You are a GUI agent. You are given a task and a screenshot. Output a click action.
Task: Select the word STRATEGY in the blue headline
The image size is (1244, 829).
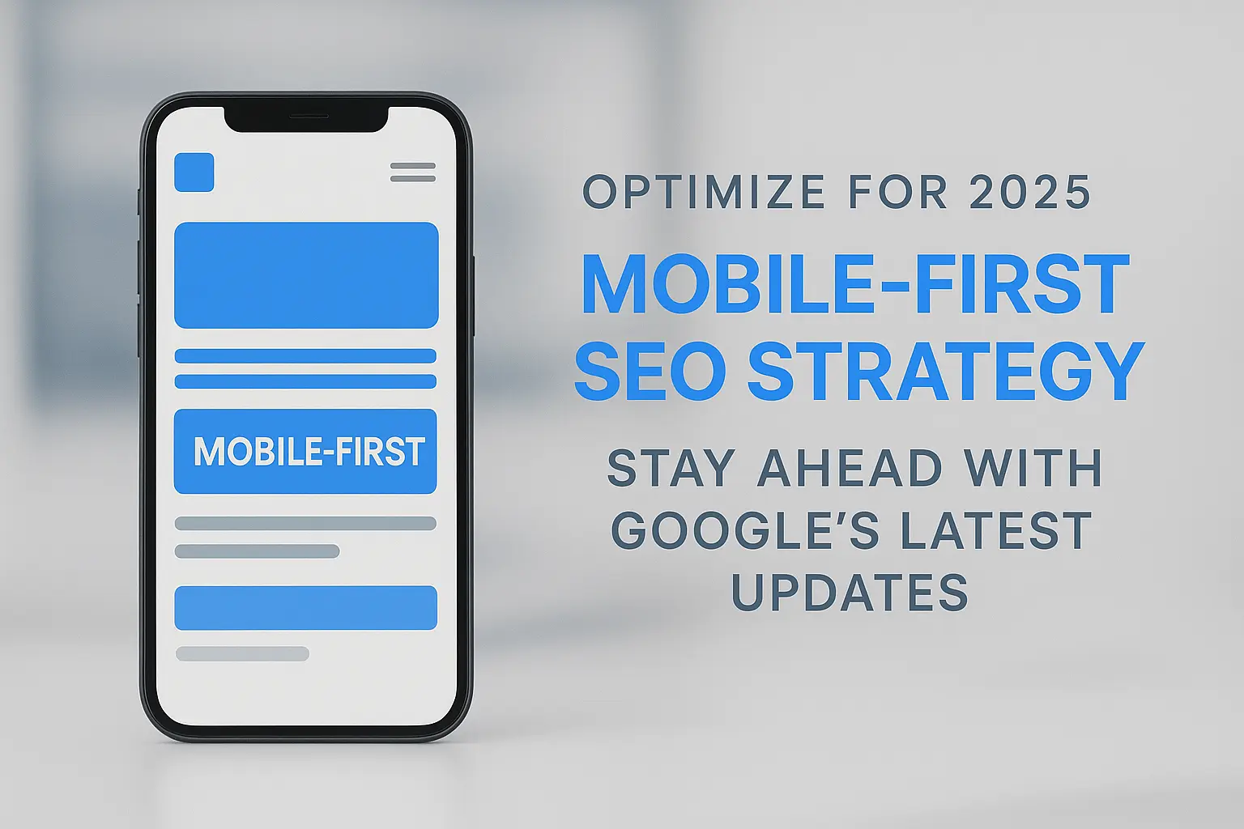944,372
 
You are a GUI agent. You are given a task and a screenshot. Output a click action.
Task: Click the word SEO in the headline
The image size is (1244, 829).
650,372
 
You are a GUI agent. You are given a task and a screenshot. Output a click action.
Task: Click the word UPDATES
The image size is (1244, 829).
850,593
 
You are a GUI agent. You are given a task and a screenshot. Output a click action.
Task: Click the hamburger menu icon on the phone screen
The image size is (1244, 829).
413,172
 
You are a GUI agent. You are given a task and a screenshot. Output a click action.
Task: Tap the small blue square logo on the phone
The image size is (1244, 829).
194,172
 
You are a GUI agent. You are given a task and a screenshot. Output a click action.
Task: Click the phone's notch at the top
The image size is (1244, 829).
305,118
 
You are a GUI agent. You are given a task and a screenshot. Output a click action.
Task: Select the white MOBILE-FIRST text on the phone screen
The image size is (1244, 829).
309,452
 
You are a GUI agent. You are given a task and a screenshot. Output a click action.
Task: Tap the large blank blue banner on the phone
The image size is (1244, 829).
306,275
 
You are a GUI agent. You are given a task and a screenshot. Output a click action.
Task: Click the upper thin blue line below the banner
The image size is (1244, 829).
305,356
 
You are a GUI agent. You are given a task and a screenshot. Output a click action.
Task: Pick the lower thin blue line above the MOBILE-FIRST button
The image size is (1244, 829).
305,381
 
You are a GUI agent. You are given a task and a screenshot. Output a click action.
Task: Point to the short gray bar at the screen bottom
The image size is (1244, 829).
242,653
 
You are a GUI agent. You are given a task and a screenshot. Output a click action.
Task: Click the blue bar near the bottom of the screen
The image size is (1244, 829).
305,607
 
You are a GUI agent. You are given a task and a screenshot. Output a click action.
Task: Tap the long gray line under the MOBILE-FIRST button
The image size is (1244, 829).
305,524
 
